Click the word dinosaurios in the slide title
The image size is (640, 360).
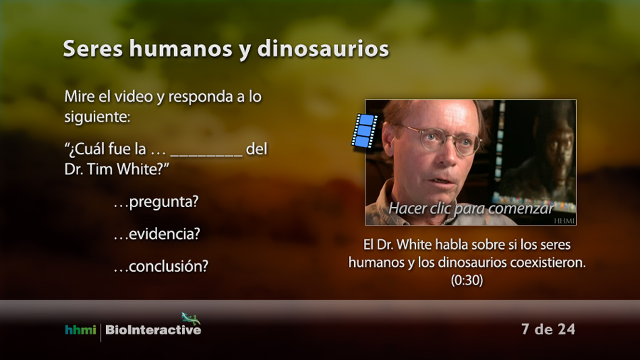[323, 49]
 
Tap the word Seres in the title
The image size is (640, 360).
[92, 49]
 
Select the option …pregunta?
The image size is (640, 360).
[156, 202]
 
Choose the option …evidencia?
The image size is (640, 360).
[157, 234]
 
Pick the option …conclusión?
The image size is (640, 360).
[161, 266]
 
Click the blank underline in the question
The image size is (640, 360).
[206, 156]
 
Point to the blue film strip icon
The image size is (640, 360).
[364, 131]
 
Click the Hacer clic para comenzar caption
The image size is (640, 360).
[471, 208]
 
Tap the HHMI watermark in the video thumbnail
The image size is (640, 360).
[565, 221]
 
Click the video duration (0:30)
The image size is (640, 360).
[467, 280]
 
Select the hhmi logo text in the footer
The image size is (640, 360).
[80, 330]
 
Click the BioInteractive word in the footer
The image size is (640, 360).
[153, 330]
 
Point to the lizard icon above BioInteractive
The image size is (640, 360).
[191, 318]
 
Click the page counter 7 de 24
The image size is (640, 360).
[548, 329]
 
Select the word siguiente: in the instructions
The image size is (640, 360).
[97, 117]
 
